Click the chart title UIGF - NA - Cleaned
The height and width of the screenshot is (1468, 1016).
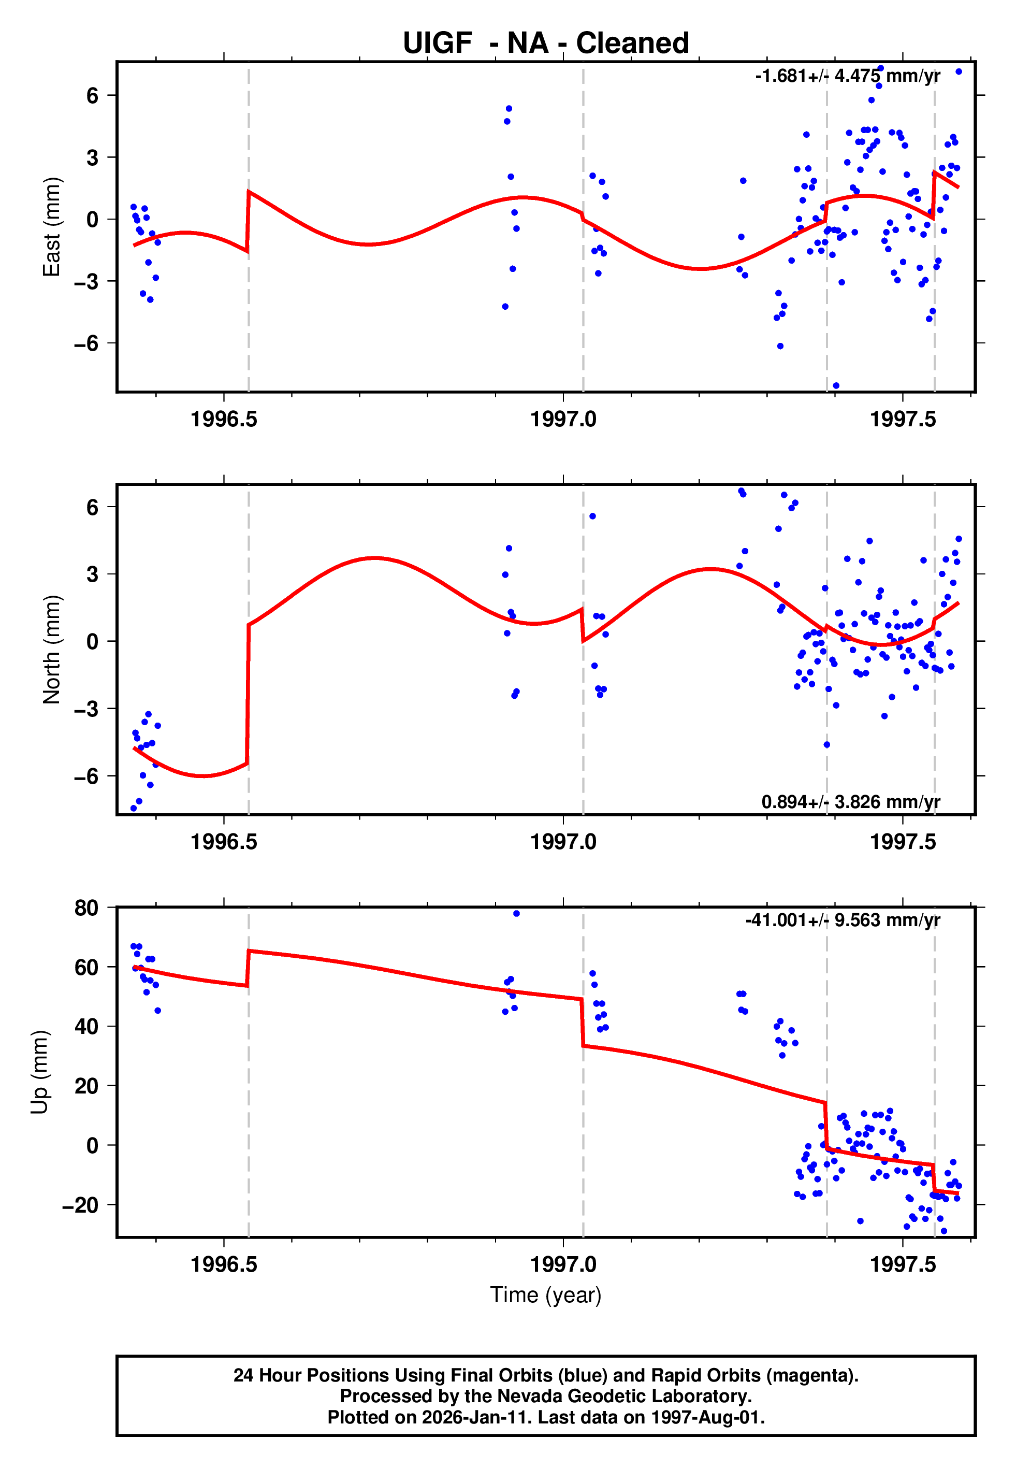pos(546,44)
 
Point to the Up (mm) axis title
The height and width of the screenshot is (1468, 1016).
pos(39,1072)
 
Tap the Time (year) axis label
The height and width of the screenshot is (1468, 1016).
pos(546,1295)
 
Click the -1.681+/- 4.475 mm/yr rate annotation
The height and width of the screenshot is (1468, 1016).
pos(847,76)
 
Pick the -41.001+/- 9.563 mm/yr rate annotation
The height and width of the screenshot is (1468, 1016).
pos(843,920)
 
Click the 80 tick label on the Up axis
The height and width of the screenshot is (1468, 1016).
pos(86,908)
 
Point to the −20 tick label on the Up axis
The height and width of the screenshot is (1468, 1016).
pos(80,1205)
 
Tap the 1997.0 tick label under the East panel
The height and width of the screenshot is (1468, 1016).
pos(563,419)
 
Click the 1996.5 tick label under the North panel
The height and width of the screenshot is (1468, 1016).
pos(224,842)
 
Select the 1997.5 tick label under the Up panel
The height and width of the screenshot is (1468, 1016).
pos(903,1264)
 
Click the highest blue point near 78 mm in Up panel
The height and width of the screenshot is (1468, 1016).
pos(516,914)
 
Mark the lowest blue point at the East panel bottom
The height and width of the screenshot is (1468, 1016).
pos(836,386)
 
